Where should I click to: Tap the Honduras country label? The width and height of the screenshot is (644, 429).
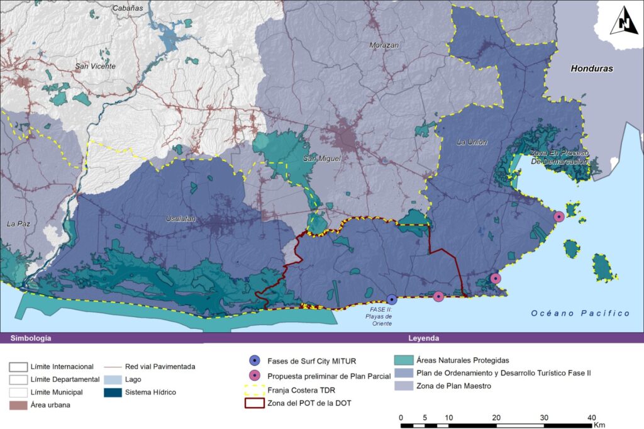591,69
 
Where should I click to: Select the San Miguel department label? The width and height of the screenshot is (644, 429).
321,159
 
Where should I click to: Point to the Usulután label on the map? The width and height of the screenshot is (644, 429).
180,218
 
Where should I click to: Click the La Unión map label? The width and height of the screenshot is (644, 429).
472,142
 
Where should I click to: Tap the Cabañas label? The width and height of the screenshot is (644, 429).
127,8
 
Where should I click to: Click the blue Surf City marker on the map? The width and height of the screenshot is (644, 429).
392,299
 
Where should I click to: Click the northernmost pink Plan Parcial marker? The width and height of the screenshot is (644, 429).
558,216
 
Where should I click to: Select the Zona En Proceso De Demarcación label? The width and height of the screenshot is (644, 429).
552,157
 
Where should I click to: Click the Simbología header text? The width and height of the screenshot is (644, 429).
30,338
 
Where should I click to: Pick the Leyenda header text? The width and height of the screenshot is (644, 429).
423,338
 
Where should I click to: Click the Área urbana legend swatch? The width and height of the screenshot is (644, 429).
18,405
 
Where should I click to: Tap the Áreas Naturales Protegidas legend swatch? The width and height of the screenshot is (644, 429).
405,360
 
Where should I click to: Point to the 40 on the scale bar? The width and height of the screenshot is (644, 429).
591,418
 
